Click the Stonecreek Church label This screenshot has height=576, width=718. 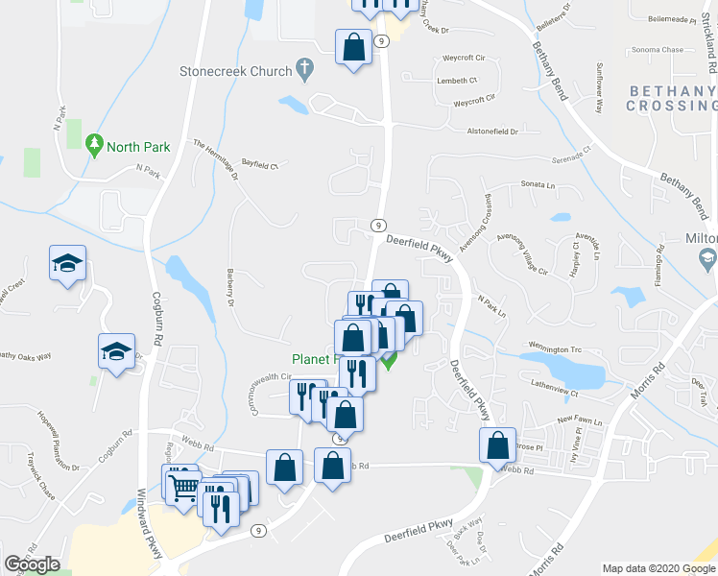(234, 71)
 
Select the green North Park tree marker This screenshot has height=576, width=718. (94, 146)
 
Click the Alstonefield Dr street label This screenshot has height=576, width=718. (491, 131)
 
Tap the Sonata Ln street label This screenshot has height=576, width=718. (538, 183)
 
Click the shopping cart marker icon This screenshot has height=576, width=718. (182, 484)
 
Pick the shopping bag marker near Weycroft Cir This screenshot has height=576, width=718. (354, 47)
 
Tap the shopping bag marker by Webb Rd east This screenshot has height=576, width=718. (498, 445)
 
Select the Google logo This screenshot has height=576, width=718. (32, 564)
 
